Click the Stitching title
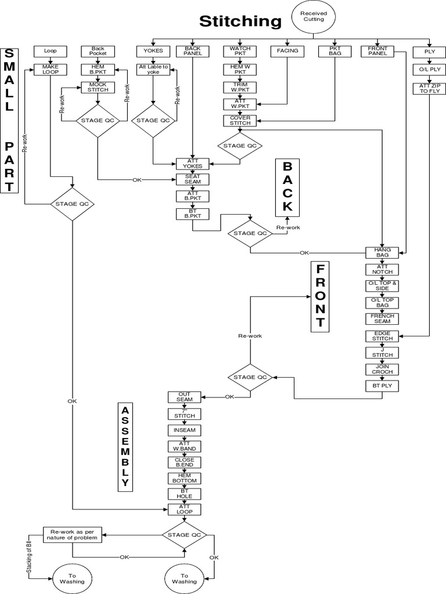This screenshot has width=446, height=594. point(240,21)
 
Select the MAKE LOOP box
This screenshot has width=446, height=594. point(51,69)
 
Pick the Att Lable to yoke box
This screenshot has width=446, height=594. point(153,69)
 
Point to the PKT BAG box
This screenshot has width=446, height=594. point(334,51)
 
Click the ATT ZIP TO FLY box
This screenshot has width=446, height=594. point(429,89)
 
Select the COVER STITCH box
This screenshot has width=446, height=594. point(239,121)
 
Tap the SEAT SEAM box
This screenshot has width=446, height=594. point(192,180)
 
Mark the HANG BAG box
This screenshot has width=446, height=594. point(382,252)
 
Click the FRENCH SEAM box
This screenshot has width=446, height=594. point(382,318)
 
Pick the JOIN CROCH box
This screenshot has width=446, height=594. point(382,370)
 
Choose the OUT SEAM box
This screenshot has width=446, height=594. point(184,397)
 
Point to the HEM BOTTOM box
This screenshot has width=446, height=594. point(184,478)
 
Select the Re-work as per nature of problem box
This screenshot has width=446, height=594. point(71,534)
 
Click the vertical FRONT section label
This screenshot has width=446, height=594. point(319,296)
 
